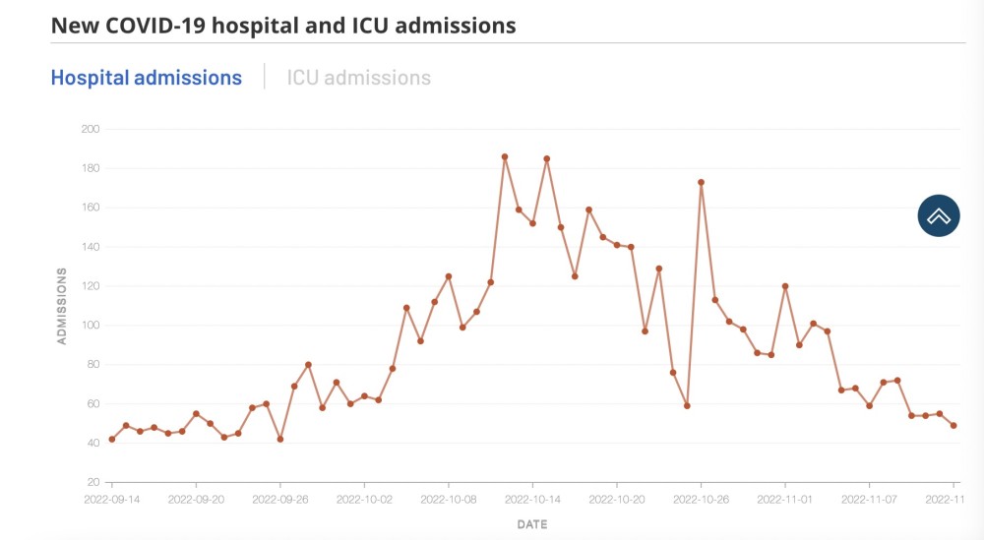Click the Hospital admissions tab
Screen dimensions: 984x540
[x=147, y=78]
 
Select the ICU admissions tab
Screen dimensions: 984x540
[x=359, y=78]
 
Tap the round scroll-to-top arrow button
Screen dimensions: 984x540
[x=939, y=215]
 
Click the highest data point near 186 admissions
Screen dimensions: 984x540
[x=505, y=156]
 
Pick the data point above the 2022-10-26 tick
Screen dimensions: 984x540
[x=701, y=183]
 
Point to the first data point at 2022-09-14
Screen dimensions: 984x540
[x=112, y=439]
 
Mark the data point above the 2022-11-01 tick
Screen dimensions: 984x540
[x=785, y=286]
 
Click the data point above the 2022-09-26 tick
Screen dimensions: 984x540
[x=279, y=439]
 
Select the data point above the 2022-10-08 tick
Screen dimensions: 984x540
[x=449, y=276]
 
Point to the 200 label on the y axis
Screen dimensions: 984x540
[x=91, y=129]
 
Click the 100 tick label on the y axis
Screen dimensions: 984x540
[x=91, y=326]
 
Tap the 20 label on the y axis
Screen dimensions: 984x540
[x=93, y=482]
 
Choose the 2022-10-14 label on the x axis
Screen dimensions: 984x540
[x=532, y=500]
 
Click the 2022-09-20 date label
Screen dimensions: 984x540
[x=196, y=500]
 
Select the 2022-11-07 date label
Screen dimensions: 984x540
[x=869, y=500]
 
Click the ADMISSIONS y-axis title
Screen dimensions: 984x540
[x=61, y=306]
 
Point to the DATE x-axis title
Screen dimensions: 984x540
[x=532, y=524]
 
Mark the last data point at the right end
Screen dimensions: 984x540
[x=953, y=425]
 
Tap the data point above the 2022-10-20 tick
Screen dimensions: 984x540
[x=617, y=245]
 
